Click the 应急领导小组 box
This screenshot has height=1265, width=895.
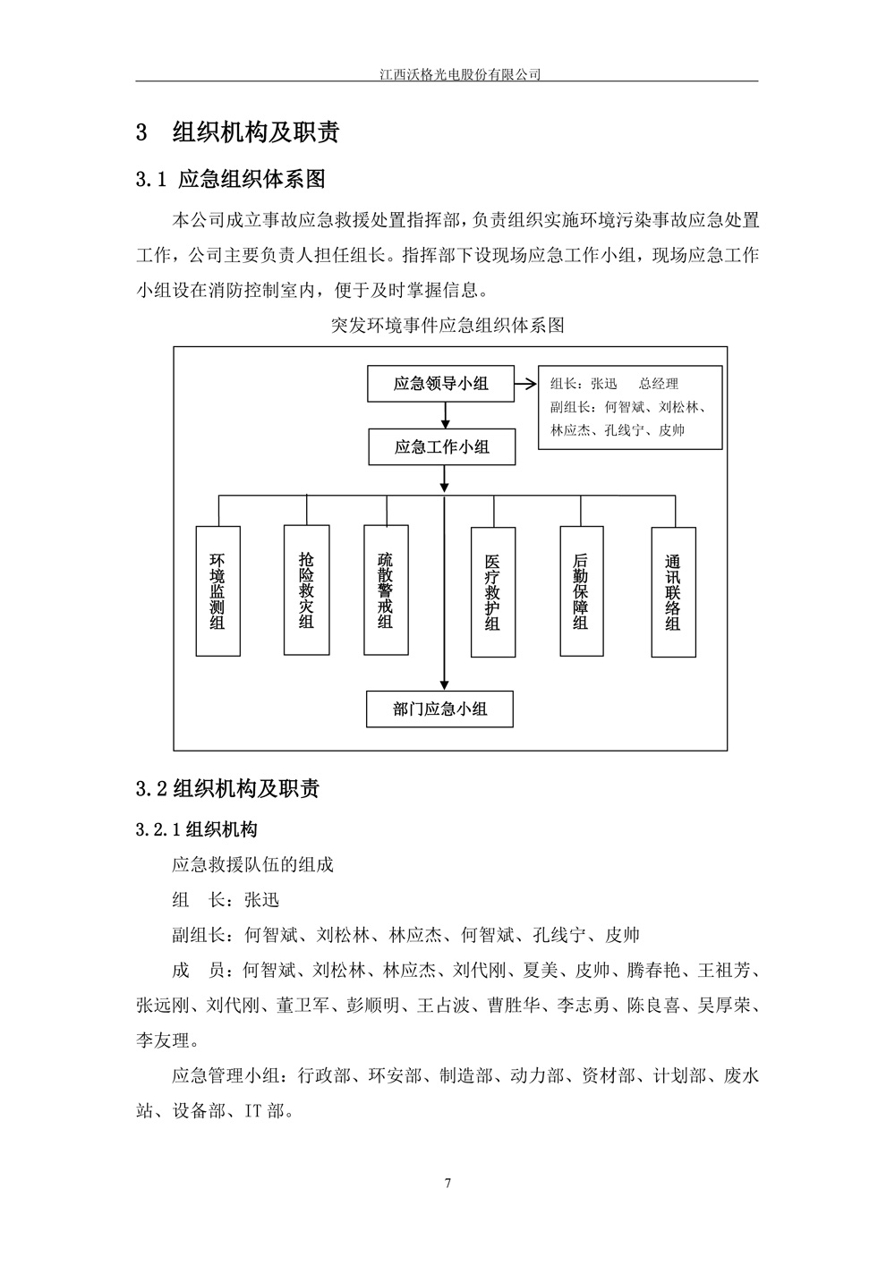(x=441, y=384)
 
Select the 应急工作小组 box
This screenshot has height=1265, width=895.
(x=441, y=446)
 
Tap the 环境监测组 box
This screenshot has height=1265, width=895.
(x=217, y=591)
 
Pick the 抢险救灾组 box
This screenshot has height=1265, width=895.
(x=306, y=589)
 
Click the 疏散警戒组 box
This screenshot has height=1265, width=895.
(x=386, y=589)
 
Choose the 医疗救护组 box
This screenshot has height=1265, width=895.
(x=493, y=591)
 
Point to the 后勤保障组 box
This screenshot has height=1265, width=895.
(x=582, y=590)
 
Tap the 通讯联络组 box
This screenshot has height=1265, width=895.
(x=673, y=591)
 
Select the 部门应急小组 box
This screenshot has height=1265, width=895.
(x=440, y=709)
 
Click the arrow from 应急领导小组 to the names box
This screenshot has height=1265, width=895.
(x=525, y=385)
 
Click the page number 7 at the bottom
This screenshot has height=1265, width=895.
(x=447, y=1184)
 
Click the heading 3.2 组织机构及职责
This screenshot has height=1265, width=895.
(x=227, y=788)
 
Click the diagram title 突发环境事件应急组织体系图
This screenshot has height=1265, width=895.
(x=447, y=326)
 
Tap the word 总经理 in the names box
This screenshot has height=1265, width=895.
(x=659, y=384)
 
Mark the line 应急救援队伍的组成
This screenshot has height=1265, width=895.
(x=252, y=864)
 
